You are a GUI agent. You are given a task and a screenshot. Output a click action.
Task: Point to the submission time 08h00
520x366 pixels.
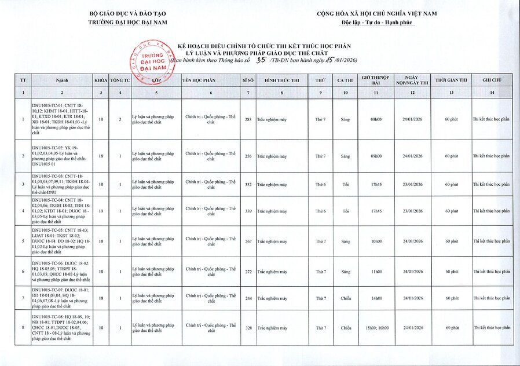coord(376,119)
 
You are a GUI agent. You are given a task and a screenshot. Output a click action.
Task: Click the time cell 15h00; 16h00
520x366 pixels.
coord(376,328)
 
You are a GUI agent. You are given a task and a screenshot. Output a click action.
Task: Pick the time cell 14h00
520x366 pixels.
coord(376,299)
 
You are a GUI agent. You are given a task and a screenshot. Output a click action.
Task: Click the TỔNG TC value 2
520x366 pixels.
coord(119,119)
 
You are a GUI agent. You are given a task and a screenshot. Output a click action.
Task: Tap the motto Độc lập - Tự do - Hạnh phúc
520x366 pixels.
coord(376,22)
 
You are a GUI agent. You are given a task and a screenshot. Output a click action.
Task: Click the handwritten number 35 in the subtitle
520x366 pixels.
coord(261,60)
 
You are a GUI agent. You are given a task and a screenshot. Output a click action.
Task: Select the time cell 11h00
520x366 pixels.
coord(376,271)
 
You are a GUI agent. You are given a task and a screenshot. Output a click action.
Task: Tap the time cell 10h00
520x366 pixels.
coord(376,241)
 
